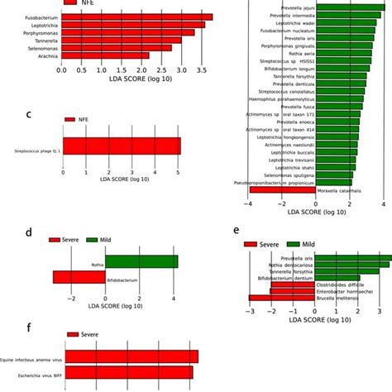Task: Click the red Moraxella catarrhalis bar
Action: click(282, 190)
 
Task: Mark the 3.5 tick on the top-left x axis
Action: click(201, 71)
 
